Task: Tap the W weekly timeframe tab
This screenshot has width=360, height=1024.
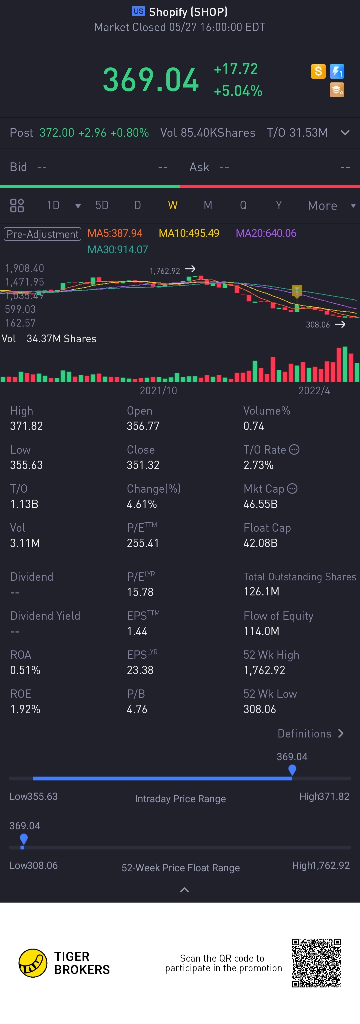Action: click(x=172, y=205)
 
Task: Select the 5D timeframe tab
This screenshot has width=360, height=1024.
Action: click(x=102, y=205)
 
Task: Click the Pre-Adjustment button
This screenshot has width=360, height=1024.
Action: click(x=43, y=234)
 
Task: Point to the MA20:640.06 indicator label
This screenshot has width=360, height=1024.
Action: click(x=266, y=233)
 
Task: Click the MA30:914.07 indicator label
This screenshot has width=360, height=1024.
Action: click(x=118, y=249)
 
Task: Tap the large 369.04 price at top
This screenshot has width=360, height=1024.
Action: click(x=151, y=80)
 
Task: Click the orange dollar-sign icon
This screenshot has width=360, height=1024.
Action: click(x=318, y=72)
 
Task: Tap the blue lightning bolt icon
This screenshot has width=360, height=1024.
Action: click(x=337, y=72)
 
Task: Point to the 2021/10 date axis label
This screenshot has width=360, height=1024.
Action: click(x=158, y=390)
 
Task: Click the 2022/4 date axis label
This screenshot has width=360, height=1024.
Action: click(x=314, y=390)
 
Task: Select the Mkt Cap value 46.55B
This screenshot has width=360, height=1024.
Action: click(x=260, y=504)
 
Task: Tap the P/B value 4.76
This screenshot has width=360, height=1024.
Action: click(x=137, y=709)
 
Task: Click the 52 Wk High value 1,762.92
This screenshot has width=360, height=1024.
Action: click(x=264, y=670)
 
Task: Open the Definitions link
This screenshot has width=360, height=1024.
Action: click(x=310, y=733)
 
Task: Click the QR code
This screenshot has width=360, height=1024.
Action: click(x=316, y=963)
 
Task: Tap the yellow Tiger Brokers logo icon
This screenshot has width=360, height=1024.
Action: click(x=33, y=963)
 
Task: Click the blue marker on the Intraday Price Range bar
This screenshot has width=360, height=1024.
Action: click(x=292, y=771)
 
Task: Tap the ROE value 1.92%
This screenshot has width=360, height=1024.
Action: click(x=25, y=709)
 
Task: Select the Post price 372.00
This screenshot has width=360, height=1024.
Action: click(x=57, y=133)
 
